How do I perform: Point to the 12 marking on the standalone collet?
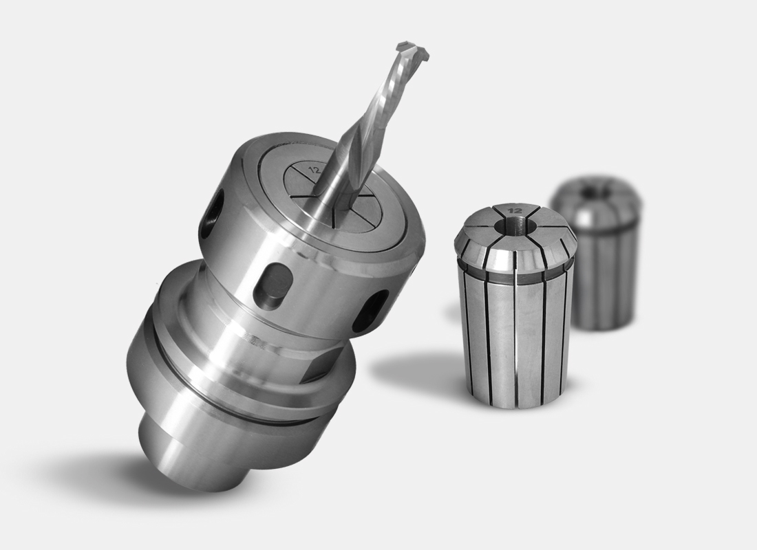[515, 210]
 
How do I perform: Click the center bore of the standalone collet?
[516, 223]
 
